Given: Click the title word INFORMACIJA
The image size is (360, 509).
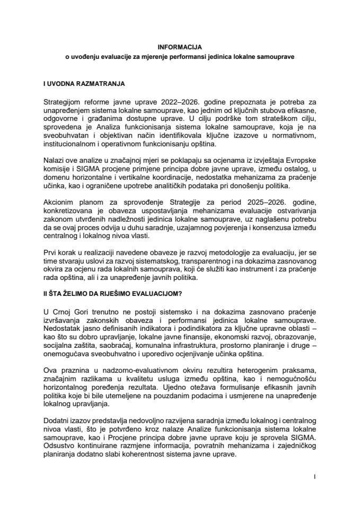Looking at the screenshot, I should (180, 46).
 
